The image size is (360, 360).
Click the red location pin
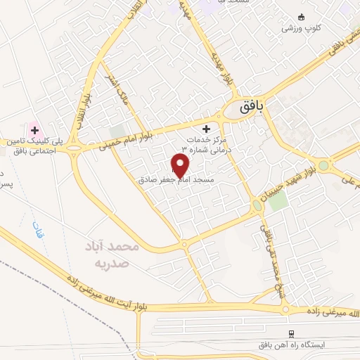tap(181, 165)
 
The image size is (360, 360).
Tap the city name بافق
tap(248, 107)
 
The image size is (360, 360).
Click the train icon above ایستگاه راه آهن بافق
tap(291, 332)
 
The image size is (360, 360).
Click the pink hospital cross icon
tap(33, 129)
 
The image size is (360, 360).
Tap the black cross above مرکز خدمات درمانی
tap(206, 129)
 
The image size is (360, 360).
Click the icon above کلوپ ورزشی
tap(302, 17)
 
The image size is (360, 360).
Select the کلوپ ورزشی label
tap(302, 29)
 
